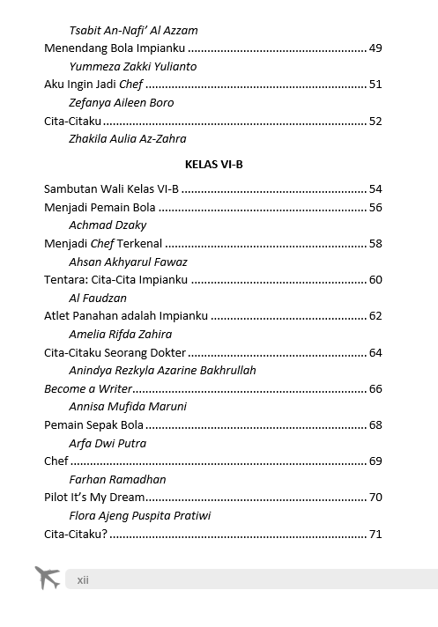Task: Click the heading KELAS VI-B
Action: tap(213, 164)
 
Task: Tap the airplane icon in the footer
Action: tap(47, 578)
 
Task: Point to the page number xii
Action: tap(83, 579)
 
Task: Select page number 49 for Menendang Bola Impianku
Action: tap(375, 48)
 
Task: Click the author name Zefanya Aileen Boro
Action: tap(121, 102)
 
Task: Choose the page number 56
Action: tap(375, 207)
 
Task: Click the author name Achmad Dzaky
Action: tap(108, 225)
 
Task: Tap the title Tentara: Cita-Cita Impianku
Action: tap(115, 280)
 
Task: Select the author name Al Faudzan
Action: tap(98, 299)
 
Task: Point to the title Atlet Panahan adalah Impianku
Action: tap(126, 316)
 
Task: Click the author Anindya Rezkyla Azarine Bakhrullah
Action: tap(162, 371)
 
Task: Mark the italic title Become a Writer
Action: tap(88, 388)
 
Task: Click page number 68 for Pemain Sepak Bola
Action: tap(375, 425)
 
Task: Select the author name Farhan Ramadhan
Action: tap(117, 480)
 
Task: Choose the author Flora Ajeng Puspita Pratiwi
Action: tap(139, 515)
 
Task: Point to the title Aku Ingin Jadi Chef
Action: tap(93, 85)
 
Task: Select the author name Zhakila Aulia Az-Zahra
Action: tap(127, 138)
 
